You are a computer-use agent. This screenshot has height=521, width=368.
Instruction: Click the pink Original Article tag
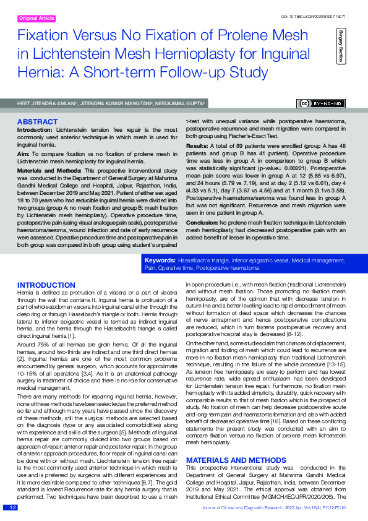(x=38, y=19)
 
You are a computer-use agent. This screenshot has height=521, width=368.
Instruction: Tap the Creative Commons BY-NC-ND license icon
(x=322, y=103)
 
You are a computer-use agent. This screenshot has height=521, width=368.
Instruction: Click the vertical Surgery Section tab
(x=341, y=45)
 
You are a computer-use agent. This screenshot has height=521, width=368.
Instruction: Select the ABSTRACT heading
(x=38, y=122)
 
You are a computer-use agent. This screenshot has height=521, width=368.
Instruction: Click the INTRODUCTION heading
(x=46, y=285)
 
